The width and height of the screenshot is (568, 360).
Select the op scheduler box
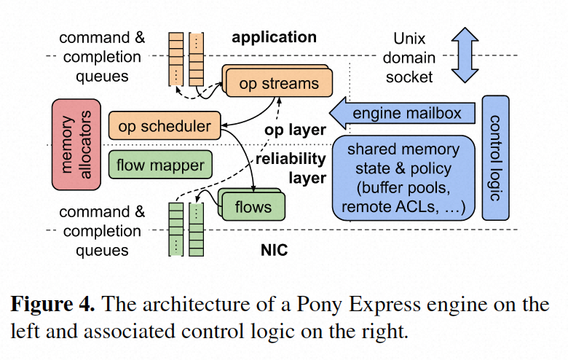(164, 126)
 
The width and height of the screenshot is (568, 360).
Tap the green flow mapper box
(160, 165)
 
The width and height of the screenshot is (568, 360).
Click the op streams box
(279, 84)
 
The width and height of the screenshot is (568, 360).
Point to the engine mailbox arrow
(404, 114)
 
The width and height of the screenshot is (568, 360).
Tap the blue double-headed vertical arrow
(462, 55)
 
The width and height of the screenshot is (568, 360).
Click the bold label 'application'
(274, 37)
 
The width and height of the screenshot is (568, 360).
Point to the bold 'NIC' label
(274, 251)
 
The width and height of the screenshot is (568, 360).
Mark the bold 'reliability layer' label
(289, 168)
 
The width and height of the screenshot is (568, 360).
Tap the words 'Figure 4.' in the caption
(50, 303)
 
